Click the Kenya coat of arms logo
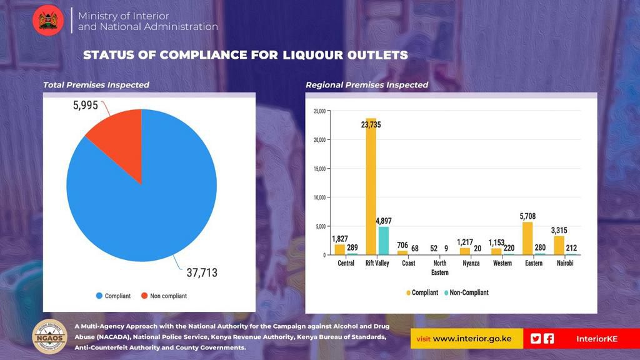[48, 20]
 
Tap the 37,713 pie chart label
[202, 272]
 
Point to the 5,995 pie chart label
[86, 106]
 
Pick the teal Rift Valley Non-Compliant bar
[383, 241]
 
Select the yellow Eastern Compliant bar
[527, 238]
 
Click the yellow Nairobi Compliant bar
[559, 245]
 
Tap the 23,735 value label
[371, 125]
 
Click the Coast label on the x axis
[408, 263]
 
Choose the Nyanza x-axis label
[471, 263]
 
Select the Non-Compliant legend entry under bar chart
[466, 292]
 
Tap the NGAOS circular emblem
[49, 337]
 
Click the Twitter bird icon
[536, 338]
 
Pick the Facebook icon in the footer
[549, 338]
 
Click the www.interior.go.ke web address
[472, 339]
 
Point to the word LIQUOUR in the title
[306, 55]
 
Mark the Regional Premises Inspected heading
[367, 85]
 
